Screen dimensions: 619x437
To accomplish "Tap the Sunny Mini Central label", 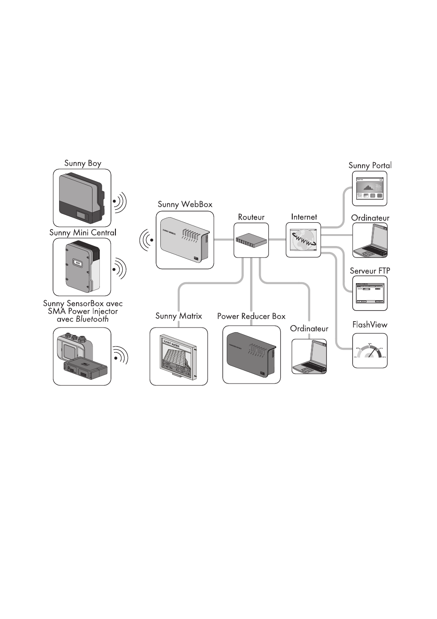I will (x=83, y=232).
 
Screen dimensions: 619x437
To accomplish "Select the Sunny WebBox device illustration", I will (x=185, y=240).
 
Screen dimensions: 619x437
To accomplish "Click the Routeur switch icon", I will (x=251, y=240).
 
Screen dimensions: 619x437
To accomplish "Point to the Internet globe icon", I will (x=303, y=240).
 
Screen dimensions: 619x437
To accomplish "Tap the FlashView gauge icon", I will (x=370, y=351).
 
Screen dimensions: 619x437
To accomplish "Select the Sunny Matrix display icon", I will (x=179, y=356).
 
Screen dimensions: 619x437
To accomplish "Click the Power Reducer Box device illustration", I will (x=251, y=355).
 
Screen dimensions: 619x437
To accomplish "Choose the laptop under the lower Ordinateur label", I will (x=309, y=357).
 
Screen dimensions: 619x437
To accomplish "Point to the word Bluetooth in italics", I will (x=92, y=319).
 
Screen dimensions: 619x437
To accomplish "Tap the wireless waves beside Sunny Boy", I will (x=120, y=202).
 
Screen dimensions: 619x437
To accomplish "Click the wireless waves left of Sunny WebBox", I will (x=147, y=240).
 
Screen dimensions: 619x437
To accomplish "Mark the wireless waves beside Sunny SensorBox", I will (x=120, y=356).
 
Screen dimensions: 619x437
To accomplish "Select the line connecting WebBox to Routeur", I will (x=224, y=240).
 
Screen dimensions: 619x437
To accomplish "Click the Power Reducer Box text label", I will (x=251, y=316).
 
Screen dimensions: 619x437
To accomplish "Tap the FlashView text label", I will (x=370, y=325).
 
